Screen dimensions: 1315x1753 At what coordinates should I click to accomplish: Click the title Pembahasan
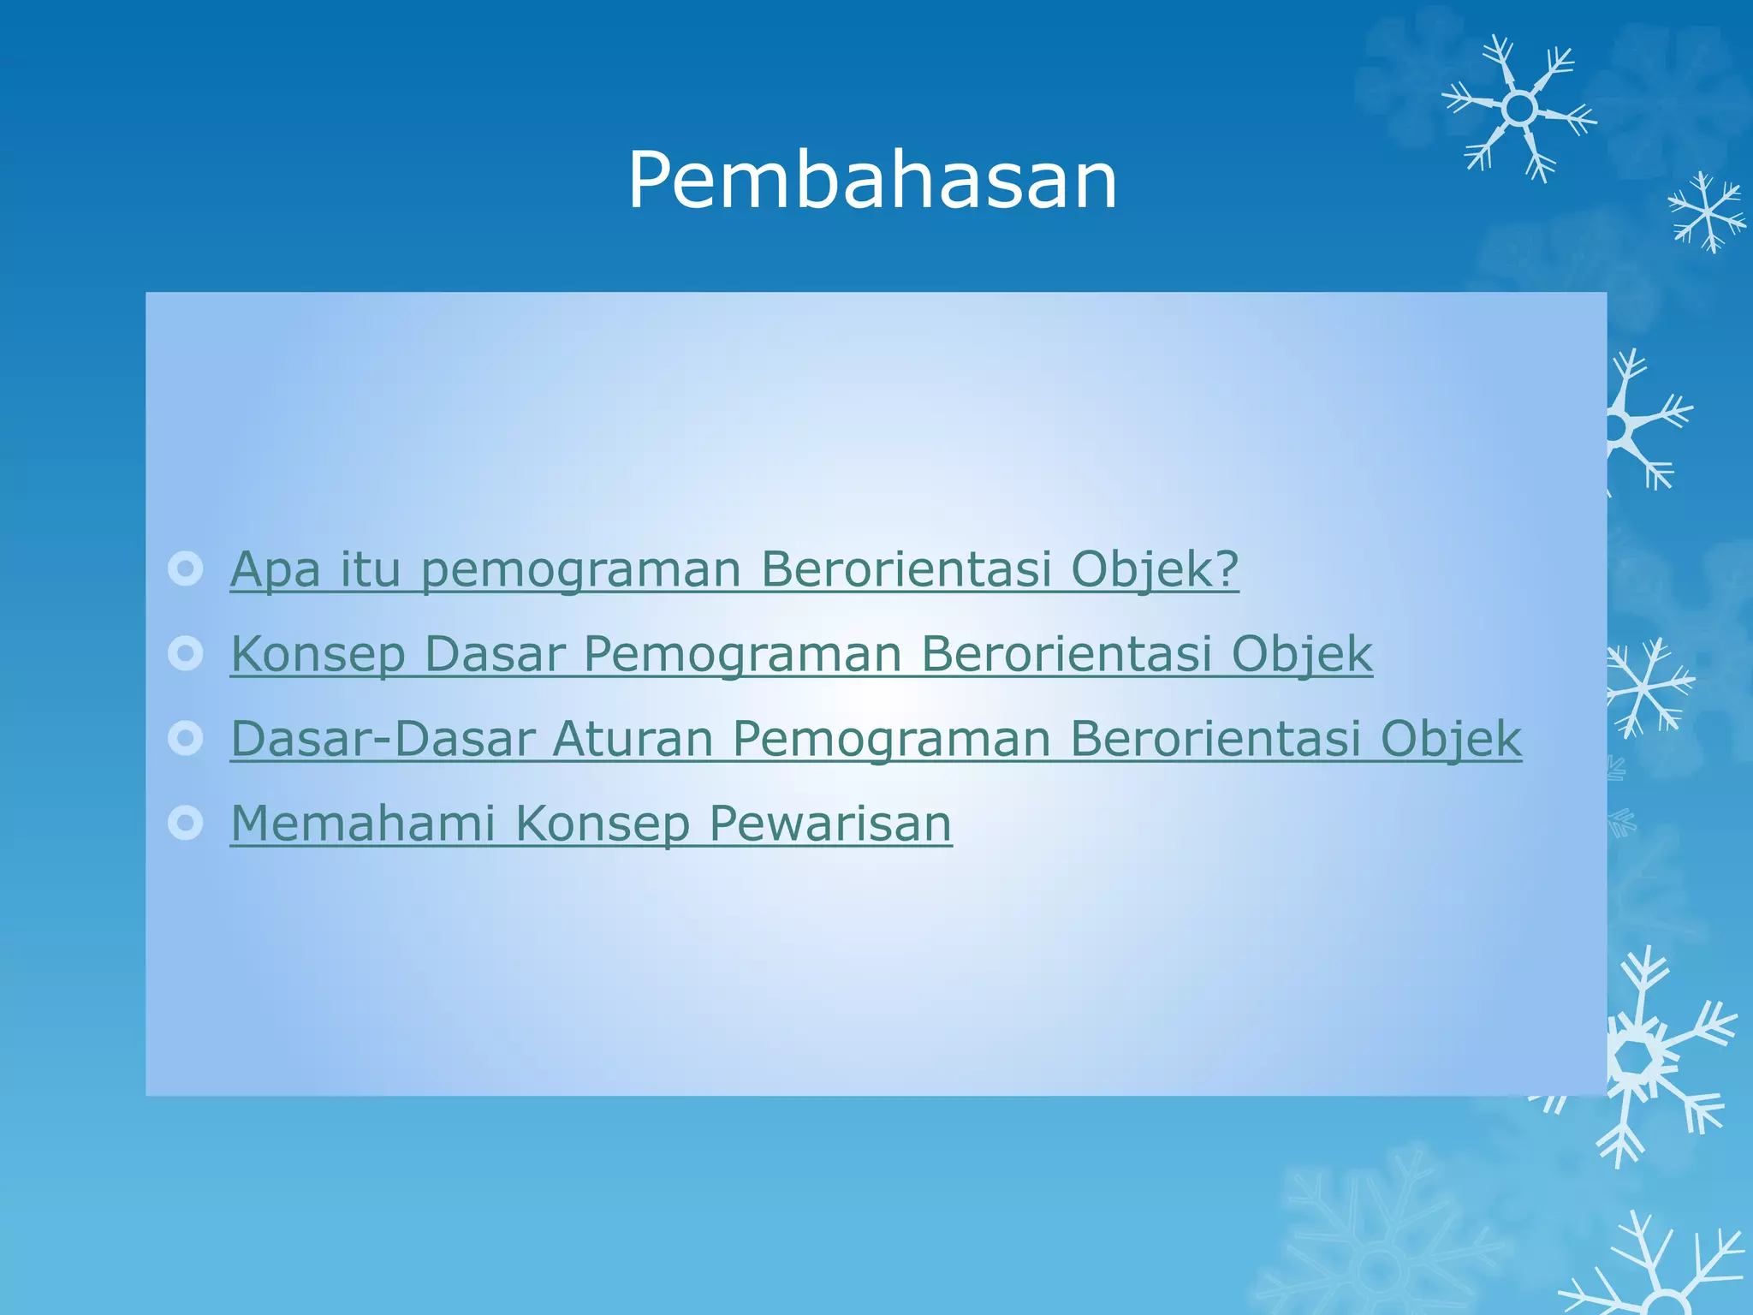point(872,180)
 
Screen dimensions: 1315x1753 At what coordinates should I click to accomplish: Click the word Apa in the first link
point(275,569)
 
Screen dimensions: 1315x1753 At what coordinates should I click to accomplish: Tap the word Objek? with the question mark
point(1155,569)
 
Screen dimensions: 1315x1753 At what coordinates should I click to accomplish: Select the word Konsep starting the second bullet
point(318,655)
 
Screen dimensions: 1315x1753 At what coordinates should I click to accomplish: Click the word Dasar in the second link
point(494,655)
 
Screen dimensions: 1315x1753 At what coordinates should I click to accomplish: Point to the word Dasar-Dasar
point(383,739)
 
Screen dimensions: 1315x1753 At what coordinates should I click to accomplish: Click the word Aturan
point(633,739)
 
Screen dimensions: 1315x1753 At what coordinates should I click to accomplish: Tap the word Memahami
point(363,824)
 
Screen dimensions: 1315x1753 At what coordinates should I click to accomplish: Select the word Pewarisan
point(830,824)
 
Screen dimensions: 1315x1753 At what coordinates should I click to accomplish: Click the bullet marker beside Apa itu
point(186,568)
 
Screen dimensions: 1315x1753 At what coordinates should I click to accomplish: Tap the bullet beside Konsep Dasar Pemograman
point(186,654)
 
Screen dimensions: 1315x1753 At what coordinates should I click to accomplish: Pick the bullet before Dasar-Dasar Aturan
point(186,738)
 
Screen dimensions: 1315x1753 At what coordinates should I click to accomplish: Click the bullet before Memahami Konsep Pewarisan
point(186,823)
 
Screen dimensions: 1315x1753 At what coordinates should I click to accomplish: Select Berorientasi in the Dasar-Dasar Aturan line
point(1215,739)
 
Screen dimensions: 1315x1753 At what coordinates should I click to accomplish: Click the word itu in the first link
point(370,569)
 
